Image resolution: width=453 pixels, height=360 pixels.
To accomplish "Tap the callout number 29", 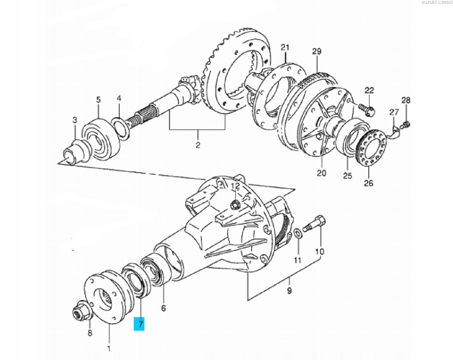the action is [317, 51].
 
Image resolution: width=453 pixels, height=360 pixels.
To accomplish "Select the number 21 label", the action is [285, 47].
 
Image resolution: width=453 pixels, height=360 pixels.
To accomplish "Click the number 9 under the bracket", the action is [289, 291].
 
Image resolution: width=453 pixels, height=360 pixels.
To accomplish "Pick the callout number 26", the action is [368, 183].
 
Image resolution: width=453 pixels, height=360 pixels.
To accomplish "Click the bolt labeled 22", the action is [367, 110].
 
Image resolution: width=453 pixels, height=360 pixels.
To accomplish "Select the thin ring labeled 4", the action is [120, 129].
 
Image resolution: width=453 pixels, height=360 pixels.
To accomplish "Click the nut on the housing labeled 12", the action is [235, 205].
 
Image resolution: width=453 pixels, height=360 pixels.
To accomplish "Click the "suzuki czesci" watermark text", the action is [437, 2].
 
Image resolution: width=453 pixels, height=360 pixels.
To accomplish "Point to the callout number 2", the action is [198, 145].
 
